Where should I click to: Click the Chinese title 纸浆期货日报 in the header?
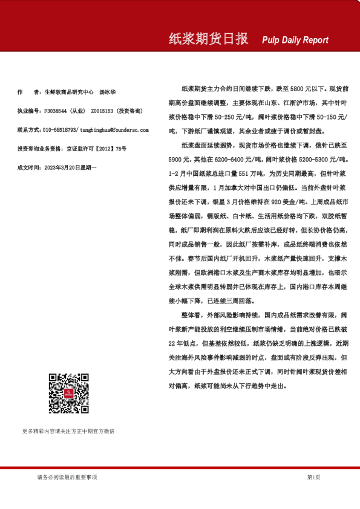click(x=208, y=39)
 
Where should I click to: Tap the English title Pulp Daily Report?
click(x=295, y=41)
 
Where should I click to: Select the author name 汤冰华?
click(x=107, y=92)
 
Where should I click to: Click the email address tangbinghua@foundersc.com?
click(x=114, y=129)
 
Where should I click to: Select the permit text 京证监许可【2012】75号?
click(x=97, y=148)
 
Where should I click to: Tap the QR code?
click(x=68, y=394)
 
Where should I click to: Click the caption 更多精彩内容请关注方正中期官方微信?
click(x=68, y=431)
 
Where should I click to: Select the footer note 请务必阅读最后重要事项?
click(x=67, y=478)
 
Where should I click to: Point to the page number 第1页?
click(x=313, y=478)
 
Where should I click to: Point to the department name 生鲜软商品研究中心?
click(x=69, y=92)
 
